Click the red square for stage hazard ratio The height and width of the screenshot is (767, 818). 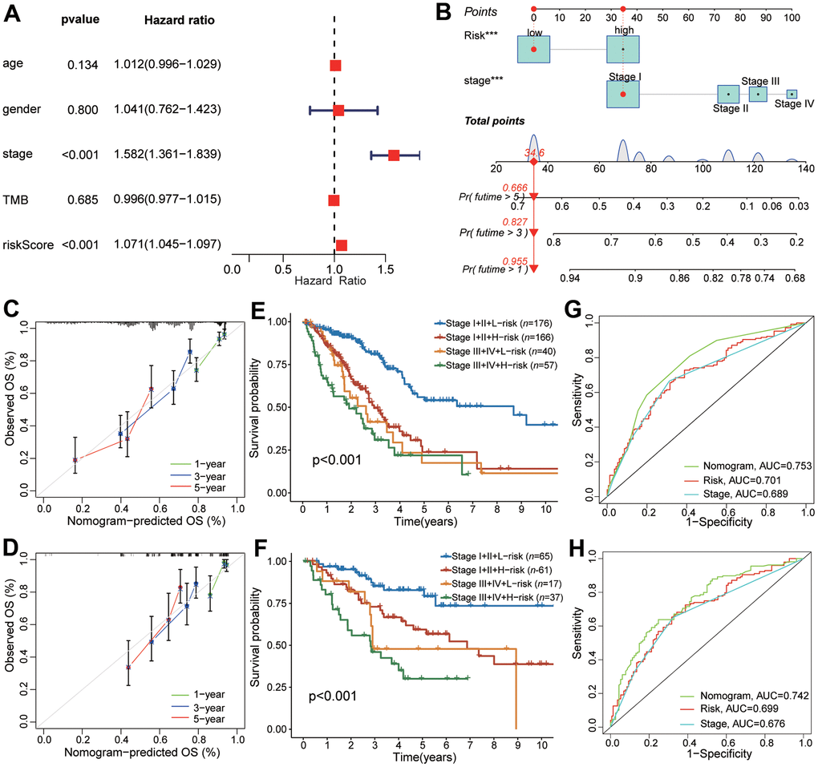pyautogui.click(x=394, y=155)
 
